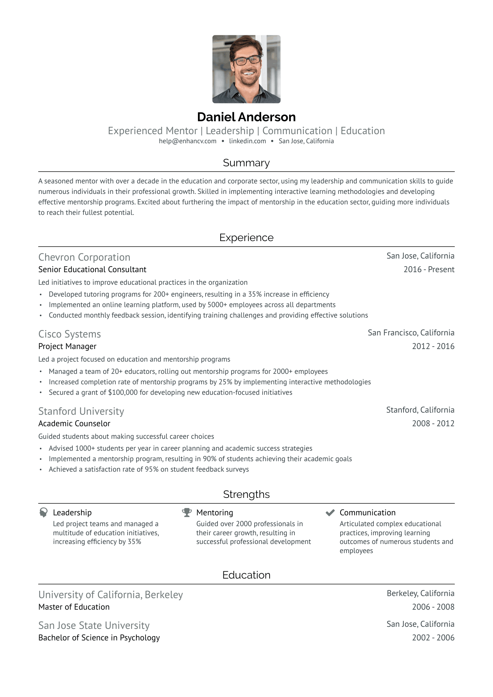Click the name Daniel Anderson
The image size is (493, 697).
click(x=246, y=117)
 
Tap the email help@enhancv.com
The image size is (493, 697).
click(x=187, y=141)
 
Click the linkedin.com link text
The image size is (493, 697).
click(x=247, y=141)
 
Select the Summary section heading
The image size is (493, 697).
click(x=246, y=163)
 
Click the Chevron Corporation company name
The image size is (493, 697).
click(x=84, y=257)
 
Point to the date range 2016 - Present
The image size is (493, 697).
click(x=429, y=269)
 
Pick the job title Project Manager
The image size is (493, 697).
click(x=67, y=346)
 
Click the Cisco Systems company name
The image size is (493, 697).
click(x=70, y=334)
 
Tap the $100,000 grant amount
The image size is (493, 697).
click(x=123, y=392)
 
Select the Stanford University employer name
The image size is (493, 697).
click(x=81, y=411)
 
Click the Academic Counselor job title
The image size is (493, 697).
click(x=74, y=423)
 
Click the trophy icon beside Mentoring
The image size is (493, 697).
click(x=187, y=513)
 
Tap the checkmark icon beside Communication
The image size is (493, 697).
click(x=330, y=513)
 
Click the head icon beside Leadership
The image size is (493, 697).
click(x=43, y=513)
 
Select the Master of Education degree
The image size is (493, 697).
click(x=74, y=607)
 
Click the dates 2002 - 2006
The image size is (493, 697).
click(x=433, y=638)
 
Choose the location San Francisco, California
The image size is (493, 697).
click(x=411, y=333)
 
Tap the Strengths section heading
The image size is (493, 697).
click(x=246, y=494)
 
